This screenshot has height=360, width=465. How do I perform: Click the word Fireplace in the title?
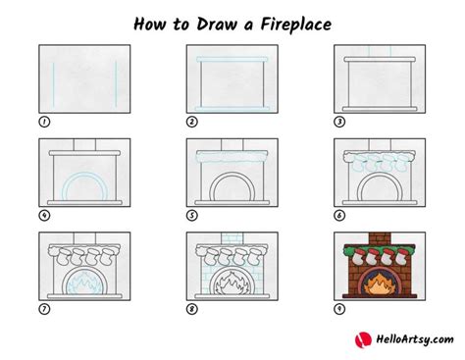click(295, 25)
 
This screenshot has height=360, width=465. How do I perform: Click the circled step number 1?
click(44, 122)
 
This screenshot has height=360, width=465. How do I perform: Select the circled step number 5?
click(192, 216)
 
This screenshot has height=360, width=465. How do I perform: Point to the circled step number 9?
click(339, 309)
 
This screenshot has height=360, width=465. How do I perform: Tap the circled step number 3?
click(339, 122)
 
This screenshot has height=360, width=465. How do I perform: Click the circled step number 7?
click(44, 309)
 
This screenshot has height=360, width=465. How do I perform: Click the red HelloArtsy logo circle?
click(363, 339)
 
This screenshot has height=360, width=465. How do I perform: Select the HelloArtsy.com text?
click(415, 339)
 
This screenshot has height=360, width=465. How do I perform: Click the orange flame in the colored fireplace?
click(380, 284)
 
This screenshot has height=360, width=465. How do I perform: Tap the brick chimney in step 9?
click(380, 238)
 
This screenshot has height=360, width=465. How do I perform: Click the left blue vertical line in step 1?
click(54, 84)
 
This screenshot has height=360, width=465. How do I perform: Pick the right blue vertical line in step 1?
click(116, 84)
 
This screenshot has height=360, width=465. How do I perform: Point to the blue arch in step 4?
click(84, 174)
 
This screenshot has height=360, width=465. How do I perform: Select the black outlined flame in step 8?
click(232, 283)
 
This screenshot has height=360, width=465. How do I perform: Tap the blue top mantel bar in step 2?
click(232, 60)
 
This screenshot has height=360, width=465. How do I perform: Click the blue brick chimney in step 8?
click(232, 238)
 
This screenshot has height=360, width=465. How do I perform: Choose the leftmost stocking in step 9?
click(359, 257)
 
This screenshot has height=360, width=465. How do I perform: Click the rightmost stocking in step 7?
click(107, 257)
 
